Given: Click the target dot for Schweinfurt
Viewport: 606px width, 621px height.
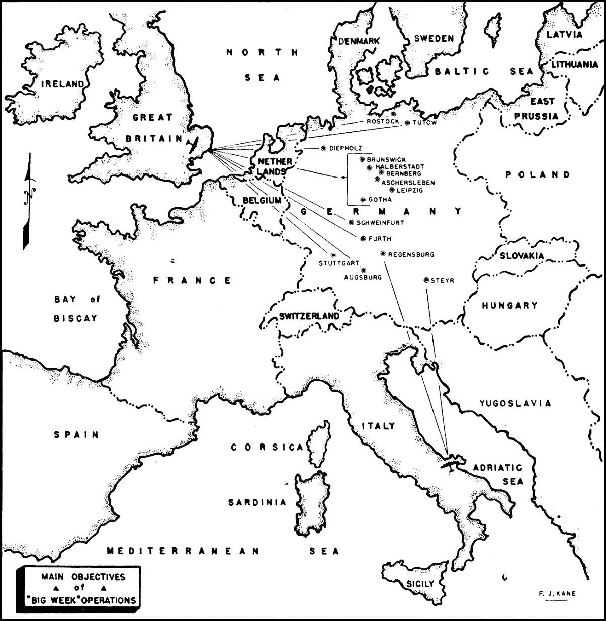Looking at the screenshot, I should (x=351, y=222).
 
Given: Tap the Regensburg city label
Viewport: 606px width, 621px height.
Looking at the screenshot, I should (x=411, y=255).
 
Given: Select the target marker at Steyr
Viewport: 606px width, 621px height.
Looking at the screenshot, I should (x=426, y=280).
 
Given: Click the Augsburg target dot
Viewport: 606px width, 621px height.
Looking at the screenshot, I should (x=363, y=270).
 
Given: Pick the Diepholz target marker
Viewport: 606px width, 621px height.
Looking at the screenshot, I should (x=323, y=148).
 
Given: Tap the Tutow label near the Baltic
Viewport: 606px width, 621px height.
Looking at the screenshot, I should (x=425, y=123).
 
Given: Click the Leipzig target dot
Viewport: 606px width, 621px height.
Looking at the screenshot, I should (x=392, y=190).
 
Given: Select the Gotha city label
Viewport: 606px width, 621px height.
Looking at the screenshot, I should (x=380, y=200).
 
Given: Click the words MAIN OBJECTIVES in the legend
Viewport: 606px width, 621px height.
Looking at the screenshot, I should (x=83, y=577).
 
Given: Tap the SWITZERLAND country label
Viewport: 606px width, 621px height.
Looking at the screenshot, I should (x=309, y=316).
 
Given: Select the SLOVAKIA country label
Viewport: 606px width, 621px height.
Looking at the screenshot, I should (x=522, y=256).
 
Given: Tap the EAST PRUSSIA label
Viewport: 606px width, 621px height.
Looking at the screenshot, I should (x=536, y=109).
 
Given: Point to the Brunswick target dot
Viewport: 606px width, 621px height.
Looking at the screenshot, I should (x=362, y=159).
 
